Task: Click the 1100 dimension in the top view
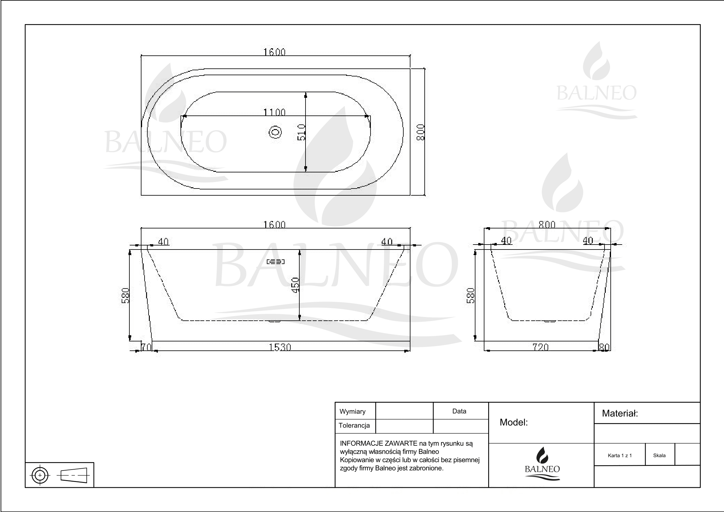pos(274,112)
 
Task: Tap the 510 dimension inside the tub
pos(301,132)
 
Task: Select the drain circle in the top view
pos(275,132)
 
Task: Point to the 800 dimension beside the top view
pos(421,132)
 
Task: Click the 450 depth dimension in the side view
pos(296,285)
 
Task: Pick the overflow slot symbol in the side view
pos(275,262)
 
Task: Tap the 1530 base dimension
pos(280,347)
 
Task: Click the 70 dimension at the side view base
pos(146,347)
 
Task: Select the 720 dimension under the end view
pos(540,347)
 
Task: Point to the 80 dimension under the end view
pos(604,347)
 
